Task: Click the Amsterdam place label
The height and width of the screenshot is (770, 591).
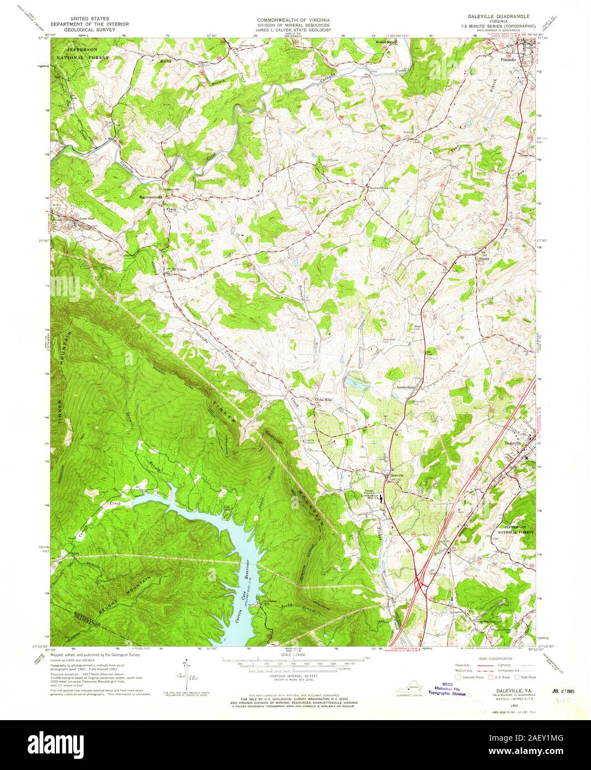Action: (x=406, y=387)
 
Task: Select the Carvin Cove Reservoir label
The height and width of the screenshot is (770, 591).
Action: (x=240, y=596)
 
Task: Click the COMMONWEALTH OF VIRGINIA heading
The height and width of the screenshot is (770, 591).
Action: (x=294, y=20)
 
